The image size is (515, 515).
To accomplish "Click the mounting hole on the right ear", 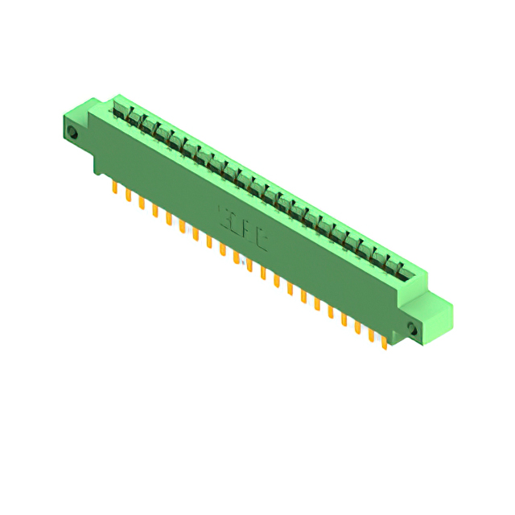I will [414, 328].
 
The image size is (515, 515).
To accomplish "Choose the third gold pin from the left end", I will [142, 204].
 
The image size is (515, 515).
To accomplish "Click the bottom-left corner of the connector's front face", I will [97, 172].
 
